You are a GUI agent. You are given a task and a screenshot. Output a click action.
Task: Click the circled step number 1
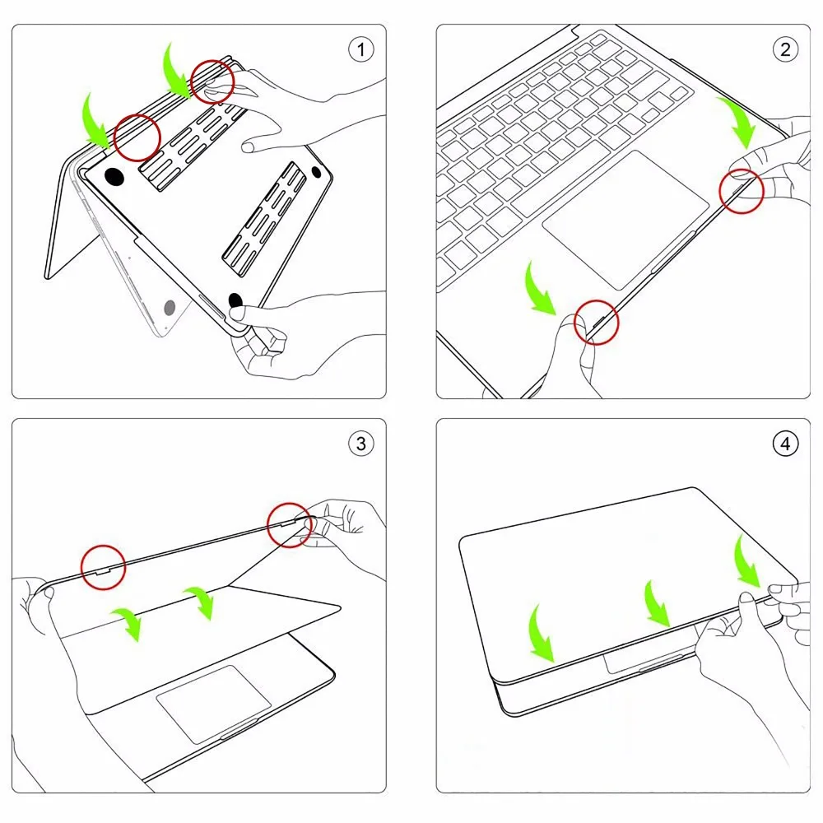(360, 49)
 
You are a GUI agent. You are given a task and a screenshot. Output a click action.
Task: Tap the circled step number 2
(785, 49)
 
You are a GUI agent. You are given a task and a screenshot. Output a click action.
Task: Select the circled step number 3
(360, 444)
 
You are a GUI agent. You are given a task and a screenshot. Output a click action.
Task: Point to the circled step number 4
(785, 444)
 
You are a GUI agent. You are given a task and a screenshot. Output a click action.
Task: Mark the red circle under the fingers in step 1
(212, 81)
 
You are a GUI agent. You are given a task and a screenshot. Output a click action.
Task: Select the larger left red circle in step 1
(137, 137)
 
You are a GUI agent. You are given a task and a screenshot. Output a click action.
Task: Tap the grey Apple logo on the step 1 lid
(170, 309)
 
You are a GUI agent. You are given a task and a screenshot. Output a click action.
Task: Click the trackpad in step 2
(625, 218)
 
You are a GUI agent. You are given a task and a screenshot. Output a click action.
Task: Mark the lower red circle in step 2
(597, 321)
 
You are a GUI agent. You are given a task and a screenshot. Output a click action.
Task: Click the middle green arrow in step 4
(658, 603)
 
